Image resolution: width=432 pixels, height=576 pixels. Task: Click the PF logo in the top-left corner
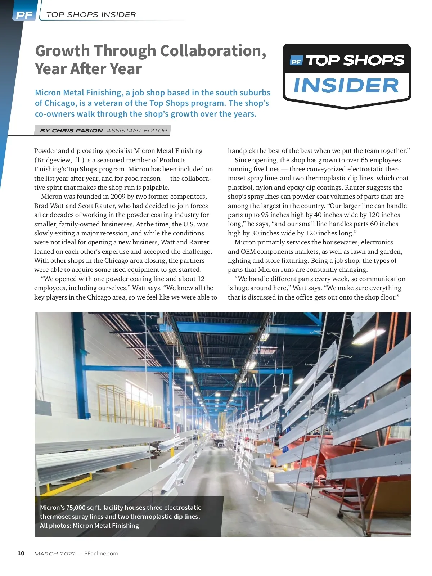24,15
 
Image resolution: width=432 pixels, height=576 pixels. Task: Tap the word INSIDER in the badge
346,86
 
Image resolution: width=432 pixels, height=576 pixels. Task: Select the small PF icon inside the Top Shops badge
296,62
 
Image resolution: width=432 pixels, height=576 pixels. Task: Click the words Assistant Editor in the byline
137,131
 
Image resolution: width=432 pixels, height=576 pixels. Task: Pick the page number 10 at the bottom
21,553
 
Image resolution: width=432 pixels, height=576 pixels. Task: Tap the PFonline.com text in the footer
101,553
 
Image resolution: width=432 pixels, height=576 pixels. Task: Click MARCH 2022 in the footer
55,553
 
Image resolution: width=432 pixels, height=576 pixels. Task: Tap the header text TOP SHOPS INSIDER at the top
91,15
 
